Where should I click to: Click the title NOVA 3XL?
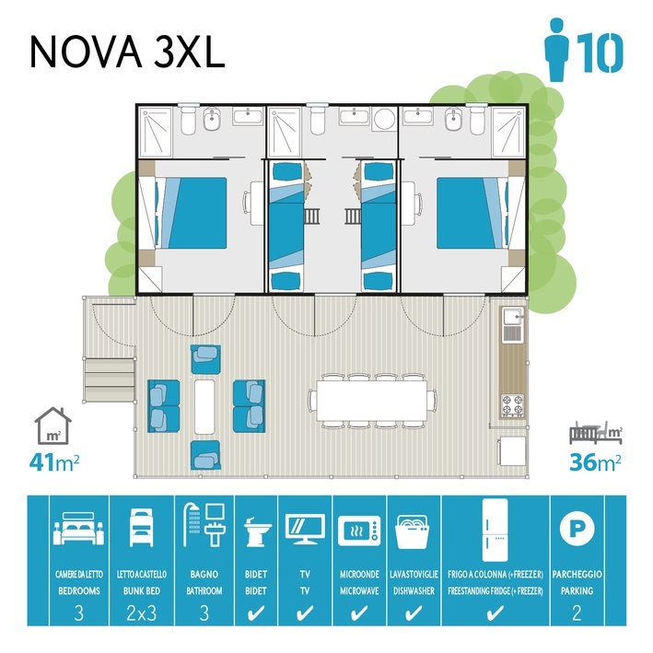click(127, 51)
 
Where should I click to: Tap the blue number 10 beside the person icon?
click(602, 52)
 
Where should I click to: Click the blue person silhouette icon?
click(557, 49)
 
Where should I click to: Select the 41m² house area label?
click(54, 462)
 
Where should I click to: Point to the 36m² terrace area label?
click(596, 461)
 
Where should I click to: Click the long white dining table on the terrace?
click(372, 401)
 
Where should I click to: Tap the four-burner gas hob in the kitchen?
click(513, 405)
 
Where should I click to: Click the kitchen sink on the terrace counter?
click(513, 318)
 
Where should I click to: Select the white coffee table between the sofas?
click(204, 406)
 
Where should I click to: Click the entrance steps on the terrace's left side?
click(110, 379)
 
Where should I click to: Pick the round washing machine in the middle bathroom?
click(384, 120)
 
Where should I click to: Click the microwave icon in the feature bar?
click(359, 531)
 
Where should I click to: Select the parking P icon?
click(577, 528)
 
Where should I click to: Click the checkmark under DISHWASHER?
click(414, 613)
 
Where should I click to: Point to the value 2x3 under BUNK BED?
click(142, 613)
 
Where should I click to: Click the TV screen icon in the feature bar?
click(305, 529)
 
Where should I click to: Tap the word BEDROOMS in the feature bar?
click(79, 590)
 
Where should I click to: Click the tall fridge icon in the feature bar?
click(496, 531)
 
